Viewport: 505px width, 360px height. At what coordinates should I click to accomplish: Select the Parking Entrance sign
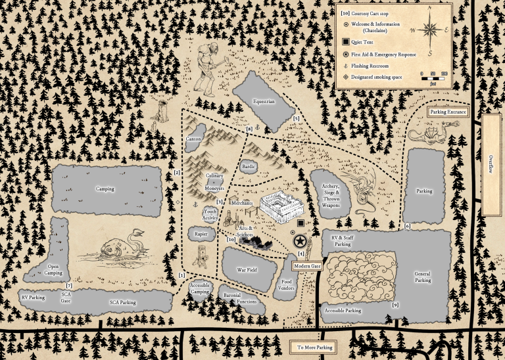coord(448,112)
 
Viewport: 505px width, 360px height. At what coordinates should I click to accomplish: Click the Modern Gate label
coord(306,265)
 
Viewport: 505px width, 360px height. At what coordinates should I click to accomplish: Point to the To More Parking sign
coord(315,348)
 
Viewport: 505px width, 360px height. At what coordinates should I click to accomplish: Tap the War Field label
coord(247,270)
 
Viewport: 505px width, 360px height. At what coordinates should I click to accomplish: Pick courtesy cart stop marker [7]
coord(69,285)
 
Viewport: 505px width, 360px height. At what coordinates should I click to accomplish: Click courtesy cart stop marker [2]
coord(177,173)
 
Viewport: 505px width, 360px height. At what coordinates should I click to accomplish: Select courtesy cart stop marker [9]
coord(395,305)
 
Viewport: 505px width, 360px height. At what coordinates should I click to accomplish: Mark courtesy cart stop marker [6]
coord(407,227)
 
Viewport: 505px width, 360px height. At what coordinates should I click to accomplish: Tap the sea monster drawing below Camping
coord(118,248)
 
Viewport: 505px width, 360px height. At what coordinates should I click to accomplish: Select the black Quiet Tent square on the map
coord(300,224)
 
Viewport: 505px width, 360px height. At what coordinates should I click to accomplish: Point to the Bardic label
coord(249,166)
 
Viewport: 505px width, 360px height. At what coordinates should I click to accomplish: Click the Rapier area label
coord(201,233)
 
